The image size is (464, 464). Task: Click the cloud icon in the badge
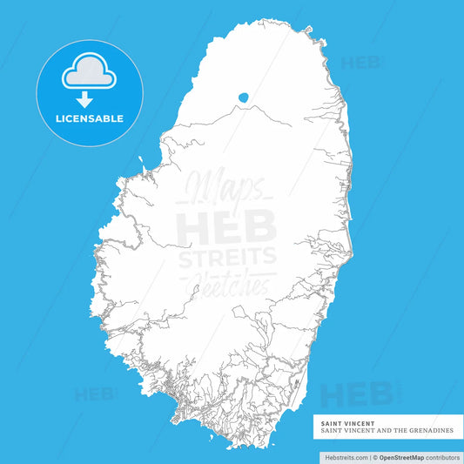89,71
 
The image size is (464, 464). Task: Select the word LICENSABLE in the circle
90,118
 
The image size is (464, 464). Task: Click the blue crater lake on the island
244,98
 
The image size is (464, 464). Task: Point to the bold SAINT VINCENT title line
340,424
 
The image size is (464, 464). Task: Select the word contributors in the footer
444,456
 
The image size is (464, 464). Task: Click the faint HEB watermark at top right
360,63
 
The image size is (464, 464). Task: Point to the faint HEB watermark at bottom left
95,394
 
